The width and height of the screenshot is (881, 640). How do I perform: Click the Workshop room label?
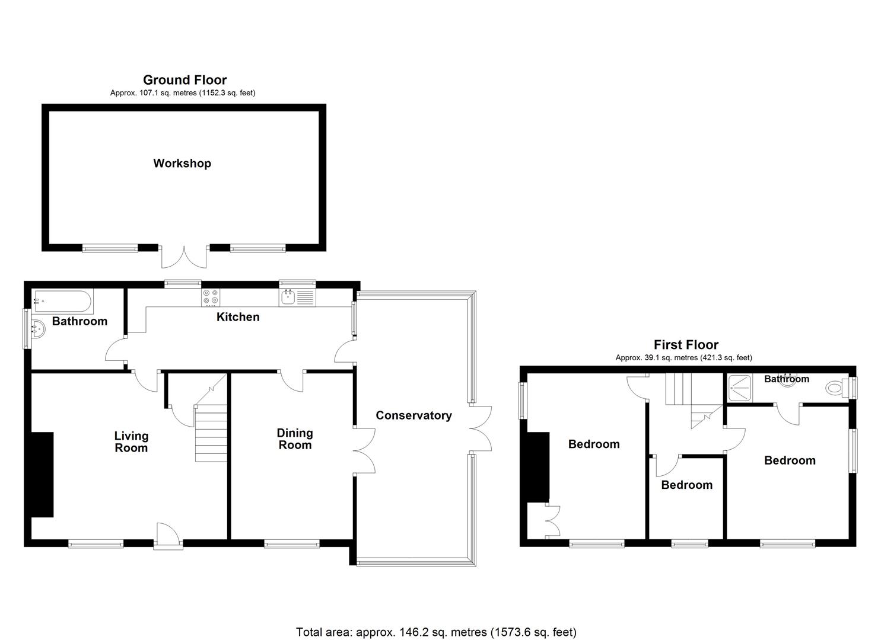pyautogui.click(x=182, y=164)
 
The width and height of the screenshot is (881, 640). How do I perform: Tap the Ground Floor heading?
pyautogui.click(x=185, y=80)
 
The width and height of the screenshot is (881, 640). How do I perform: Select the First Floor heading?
pyautogui.click(x=686, y=345)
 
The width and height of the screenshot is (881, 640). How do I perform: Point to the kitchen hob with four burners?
pyautogui.click(x=210, y=296)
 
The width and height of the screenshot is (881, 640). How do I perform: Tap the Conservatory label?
pyautogui.click(x=414, y=415)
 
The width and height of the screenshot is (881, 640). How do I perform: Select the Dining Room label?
pyautogui.click(x=295, y=439)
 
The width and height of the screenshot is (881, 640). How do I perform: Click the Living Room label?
pyautogui.click(x=131, y=441)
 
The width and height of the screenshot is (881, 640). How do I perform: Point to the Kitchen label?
pyautogui.click(x=238, y=317)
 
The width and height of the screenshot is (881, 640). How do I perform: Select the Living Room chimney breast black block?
pyautogui.click(x=42, y=474)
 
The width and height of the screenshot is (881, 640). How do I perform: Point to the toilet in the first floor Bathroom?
pyautogui.click(x=837, y=389)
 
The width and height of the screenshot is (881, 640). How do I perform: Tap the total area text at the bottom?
pyautogui.click(x=436, y=632)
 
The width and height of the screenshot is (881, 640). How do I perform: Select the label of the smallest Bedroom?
pyautogui.click(x=686, y=485)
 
